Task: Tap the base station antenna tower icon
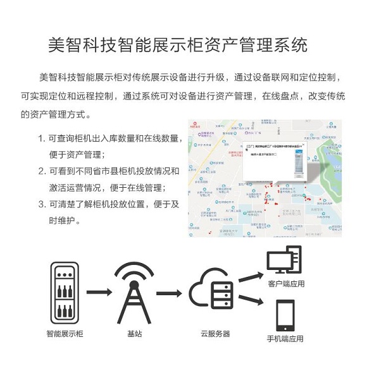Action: [134, 292]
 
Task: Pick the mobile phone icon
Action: [285, 316]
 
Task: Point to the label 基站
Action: [134, 333]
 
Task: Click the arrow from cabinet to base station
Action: [99, 293]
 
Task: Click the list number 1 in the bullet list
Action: [41, 138]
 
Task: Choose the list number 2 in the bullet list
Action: [41, 171]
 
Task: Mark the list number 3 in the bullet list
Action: [41, 204]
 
